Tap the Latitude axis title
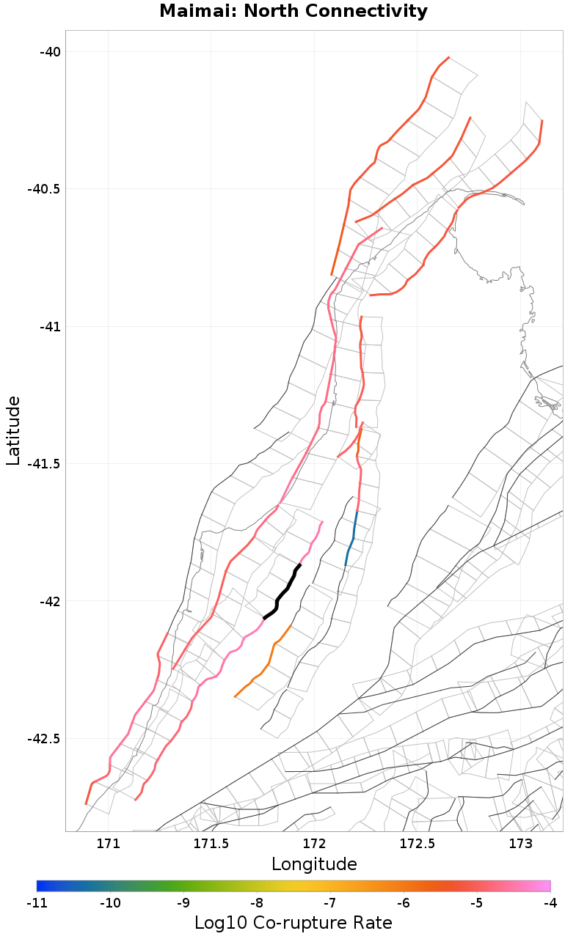(x=13, y=430)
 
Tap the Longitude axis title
(x=314, y=864)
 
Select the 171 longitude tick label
(x=108, y=844)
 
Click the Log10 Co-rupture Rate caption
(x=293, y=923)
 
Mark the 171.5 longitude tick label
(x=211, y=844)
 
